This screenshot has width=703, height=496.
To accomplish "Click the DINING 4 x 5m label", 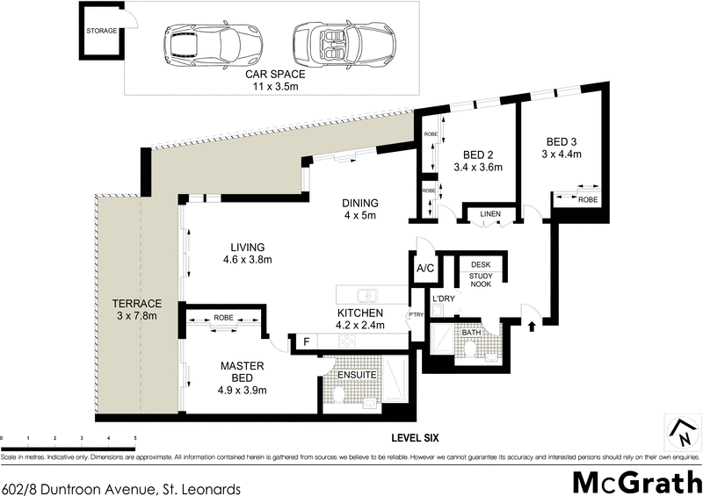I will [360, 211].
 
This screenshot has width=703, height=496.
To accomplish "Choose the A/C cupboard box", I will [424, 269].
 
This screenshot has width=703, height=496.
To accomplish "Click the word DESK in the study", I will [480, 264].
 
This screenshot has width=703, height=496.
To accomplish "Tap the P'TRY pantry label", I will [417, 316].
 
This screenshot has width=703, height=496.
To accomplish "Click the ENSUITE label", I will [358, 375].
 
